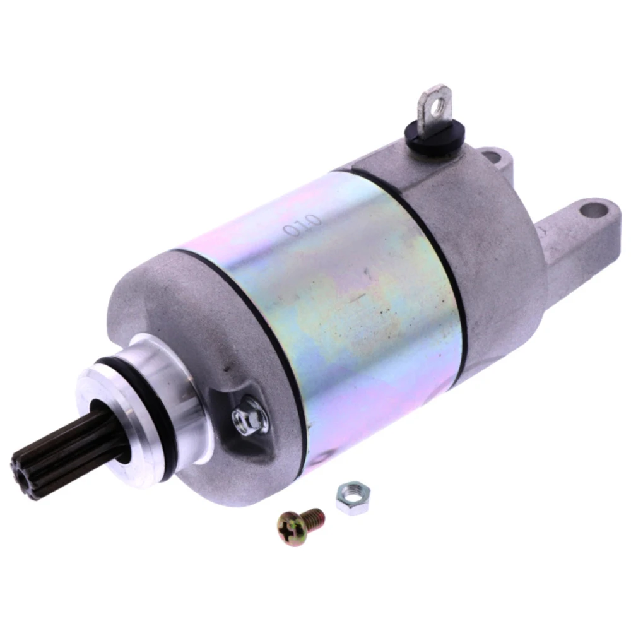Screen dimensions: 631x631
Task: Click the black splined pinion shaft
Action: [52, 452]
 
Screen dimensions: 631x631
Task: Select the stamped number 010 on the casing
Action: [303, 225]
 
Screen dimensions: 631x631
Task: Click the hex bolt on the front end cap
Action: [249, 418]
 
